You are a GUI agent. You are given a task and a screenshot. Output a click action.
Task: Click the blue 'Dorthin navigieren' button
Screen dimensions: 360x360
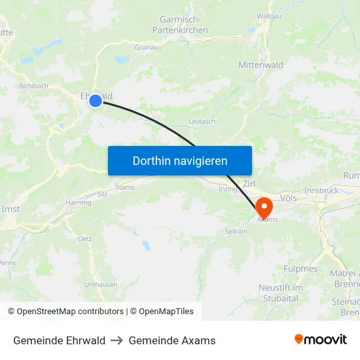[180, 160]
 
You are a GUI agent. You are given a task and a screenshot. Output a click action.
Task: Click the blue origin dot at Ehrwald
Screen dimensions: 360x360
[96, 100]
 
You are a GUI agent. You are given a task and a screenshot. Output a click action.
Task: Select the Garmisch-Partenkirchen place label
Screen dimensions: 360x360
[180, 25]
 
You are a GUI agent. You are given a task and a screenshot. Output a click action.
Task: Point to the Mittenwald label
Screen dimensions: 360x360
[261, 65]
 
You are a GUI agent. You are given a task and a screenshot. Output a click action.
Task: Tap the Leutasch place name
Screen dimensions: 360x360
[202, 122]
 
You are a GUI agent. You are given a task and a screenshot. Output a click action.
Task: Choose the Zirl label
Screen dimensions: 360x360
[249, 184]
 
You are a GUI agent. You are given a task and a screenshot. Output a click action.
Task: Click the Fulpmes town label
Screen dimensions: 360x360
[300, 268]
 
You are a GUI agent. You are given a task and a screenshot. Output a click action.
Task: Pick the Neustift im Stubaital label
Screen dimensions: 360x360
[280, 293]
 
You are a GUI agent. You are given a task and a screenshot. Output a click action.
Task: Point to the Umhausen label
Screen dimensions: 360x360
[100, 284]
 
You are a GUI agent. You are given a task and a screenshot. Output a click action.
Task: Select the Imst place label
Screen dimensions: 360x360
[11, 209]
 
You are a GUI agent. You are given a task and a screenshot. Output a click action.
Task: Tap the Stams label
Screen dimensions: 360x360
[124, 188]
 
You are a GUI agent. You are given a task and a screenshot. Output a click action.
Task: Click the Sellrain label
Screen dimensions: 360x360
[236, 232]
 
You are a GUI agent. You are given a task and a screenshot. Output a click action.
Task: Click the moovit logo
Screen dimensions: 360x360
[321, 339]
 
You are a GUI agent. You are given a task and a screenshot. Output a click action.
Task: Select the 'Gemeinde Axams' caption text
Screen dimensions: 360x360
[172, 340]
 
